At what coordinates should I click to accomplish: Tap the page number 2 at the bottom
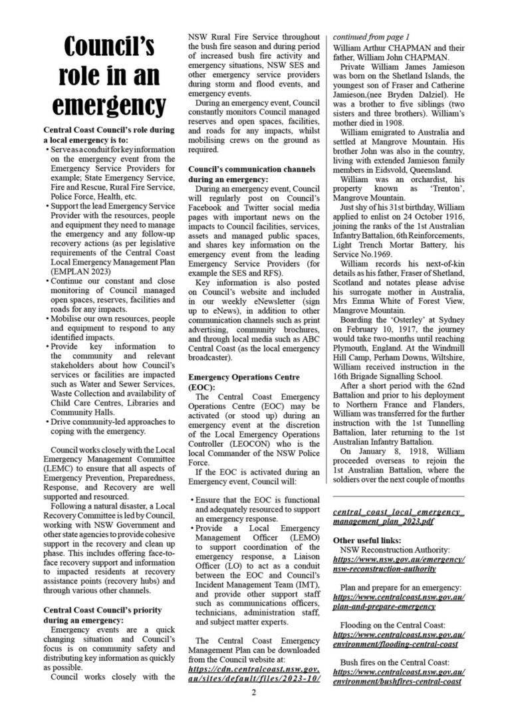pos(253,693)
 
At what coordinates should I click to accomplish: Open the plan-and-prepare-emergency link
pos(399,604)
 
